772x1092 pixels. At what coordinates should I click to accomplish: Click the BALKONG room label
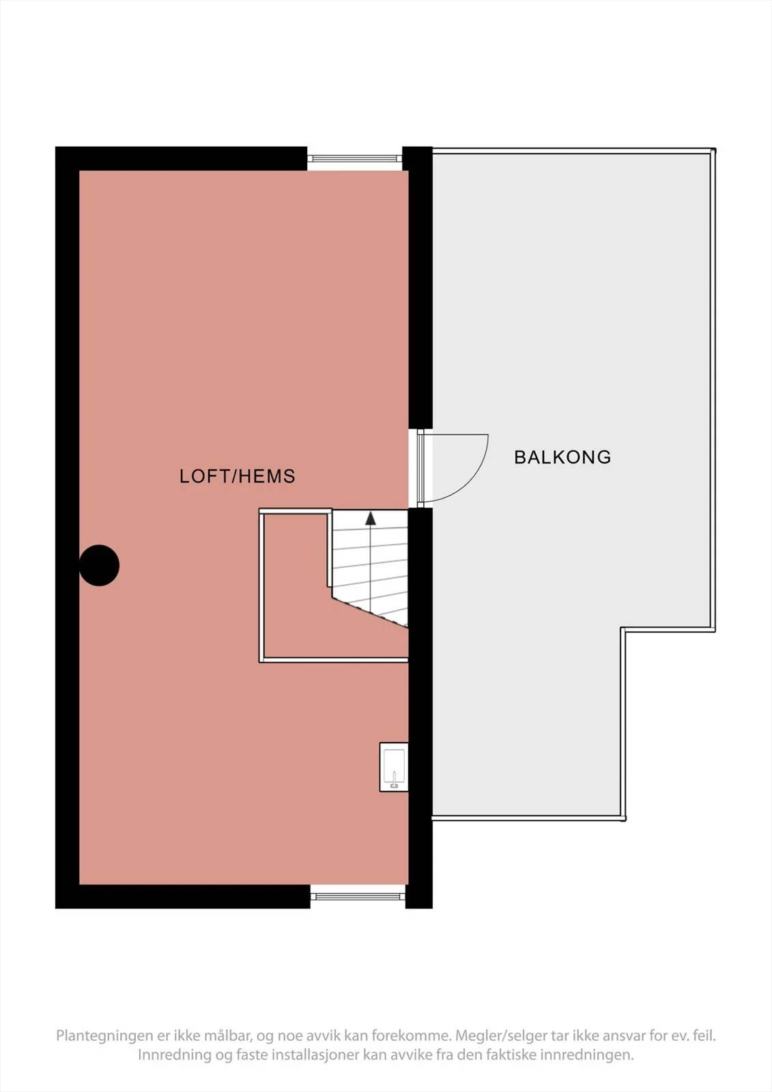(562, 457)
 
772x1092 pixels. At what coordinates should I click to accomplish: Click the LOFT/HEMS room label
(238, 476)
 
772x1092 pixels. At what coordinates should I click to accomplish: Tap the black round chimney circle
(99, 565)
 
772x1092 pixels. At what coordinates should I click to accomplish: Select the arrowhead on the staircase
(371, 518)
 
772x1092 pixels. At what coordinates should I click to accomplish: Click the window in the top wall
(354, 158)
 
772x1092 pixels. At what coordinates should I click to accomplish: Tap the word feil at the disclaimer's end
(706, 1035)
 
